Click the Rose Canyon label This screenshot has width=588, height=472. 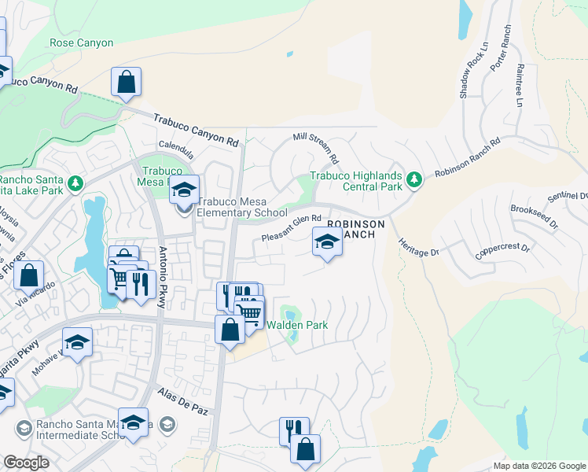coord(81,43)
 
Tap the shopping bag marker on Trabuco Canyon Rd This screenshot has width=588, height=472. coord(126,82)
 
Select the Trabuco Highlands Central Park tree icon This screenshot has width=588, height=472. coord(414,181)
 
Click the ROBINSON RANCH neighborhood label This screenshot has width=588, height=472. coord(356,229)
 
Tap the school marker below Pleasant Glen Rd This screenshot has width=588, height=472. coord(327,243)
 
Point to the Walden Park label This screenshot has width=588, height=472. coord(296,325)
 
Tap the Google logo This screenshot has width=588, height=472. coord(26,462)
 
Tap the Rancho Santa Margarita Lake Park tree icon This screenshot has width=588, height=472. coord(75,184)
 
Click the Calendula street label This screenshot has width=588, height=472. coord(175,146)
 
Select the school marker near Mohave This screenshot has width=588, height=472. coord(77,343)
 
